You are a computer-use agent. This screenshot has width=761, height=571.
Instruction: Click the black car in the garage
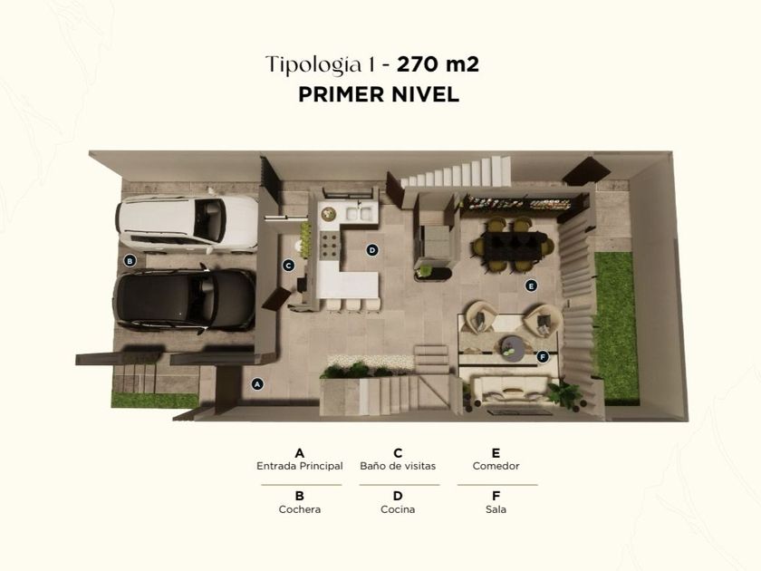pos(185,300)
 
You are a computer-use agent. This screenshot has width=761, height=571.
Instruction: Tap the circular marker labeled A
pos(257,384)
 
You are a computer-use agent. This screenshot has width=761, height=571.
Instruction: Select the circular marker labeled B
pos(130,261)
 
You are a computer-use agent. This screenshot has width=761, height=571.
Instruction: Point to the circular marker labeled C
pos(289,266)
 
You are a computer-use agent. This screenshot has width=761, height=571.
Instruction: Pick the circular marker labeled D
pos(372,250)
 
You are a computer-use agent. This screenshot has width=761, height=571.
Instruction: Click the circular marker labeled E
pos(532,286)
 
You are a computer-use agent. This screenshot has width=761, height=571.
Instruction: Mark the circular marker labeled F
pos(543,357)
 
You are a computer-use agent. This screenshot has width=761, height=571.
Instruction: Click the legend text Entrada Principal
pos(300,466)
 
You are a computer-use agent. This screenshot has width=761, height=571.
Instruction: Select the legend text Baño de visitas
pos(398,466)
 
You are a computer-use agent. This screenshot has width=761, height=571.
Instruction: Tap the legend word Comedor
pos(496,466)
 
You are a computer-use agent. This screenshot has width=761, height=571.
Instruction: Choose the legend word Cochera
pos(300,509)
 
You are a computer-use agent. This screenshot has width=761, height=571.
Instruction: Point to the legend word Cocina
pos(398,509)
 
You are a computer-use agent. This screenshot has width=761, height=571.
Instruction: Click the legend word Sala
pos(496,509)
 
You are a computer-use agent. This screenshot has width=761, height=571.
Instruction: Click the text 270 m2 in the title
pos(438,64)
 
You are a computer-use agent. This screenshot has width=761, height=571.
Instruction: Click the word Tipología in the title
pos(314,65)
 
